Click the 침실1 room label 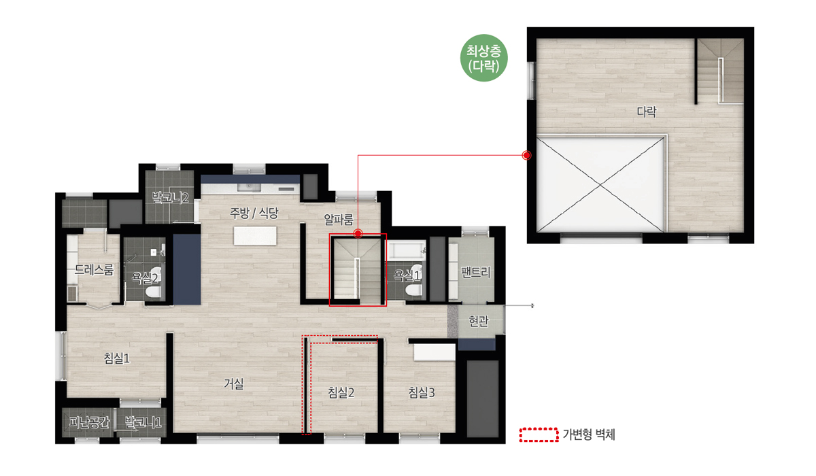[x=116, y=358]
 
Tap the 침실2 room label [x=341, y=392]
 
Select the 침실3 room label [x=422, y=392]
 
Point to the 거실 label [x=233, y=383]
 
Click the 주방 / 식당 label [x=254, y=213]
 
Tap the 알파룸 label [x=339, y=219]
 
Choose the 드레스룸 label [x=94, y=270]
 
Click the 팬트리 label [x=475, y=272]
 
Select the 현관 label [x=478, y=321]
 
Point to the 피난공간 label [x=89, y=422]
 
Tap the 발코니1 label [x=143, y=422]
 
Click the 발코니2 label [x=170, y=198]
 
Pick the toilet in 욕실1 [x=413, y=290]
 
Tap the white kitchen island [x=255, y=236]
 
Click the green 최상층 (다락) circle [x=483, y=58]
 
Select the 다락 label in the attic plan [x=647, y=112]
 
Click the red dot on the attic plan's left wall [x=526, y=155]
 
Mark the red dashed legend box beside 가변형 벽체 [x=539, y=435]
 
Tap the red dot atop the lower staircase [x=358, y=233]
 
